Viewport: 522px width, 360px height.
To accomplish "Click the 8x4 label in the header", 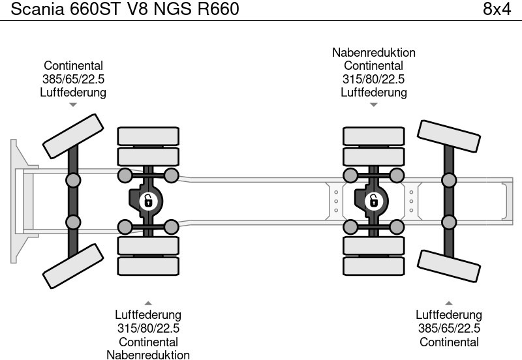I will (x=497, y=9).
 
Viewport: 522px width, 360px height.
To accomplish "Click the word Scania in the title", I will (x=33, y=9).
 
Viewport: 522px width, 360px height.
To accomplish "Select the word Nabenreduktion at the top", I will (x=373, y=53).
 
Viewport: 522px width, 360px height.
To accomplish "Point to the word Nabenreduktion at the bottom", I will (x=148, y=355).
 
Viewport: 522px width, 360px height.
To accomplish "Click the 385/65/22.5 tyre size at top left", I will (x=73, y=79).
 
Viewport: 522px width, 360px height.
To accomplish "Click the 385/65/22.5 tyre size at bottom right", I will (x=449, y=329).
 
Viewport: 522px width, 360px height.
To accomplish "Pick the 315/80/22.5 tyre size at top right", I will (x=373, y=79).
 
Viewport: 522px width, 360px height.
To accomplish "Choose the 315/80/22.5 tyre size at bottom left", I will (x=148, y=329).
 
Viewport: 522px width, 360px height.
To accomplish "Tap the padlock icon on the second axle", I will (x=148, y=201).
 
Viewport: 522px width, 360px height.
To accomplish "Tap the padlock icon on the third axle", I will (x=373, y=201).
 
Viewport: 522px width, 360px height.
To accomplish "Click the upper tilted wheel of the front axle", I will (x=74, y=136).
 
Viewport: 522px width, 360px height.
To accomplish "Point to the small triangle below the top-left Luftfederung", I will (x=73, y=104).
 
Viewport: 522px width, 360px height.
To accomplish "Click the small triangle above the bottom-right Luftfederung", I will (x=449, y=303).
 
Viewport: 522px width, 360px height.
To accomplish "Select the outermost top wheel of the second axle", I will (x=148, y=136).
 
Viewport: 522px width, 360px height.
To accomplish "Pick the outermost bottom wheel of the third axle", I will (x=373, y=267).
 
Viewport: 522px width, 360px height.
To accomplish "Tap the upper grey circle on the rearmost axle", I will (x=449, y=180).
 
